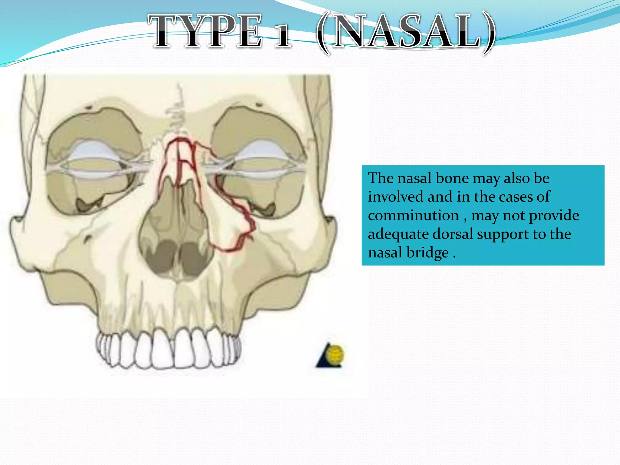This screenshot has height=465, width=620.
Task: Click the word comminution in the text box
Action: point(413,216)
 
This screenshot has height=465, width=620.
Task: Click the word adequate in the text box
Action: point(398,234)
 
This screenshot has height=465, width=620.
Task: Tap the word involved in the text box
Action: point(395,197)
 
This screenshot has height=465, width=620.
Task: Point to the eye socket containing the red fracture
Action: point(257,170)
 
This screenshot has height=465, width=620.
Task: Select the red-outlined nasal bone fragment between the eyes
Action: point(179,160)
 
